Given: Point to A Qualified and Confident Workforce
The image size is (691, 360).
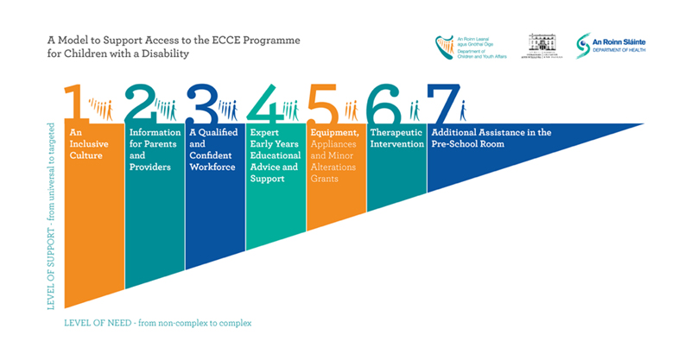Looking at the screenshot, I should (x=212, y=149).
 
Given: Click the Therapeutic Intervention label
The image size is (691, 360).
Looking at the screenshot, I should (x=396, y=138).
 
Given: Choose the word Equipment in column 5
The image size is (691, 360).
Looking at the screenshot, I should (x=335, y=132).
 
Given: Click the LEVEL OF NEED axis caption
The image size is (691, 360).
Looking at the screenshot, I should (x=158, y=323).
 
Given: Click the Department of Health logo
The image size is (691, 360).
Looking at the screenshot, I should (x=612, y=46).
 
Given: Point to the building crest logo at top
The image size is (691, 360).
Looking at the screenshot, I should (x=542, y=45).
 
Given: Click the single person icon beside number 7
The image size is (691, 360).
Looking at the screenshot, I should (x=463, y=110).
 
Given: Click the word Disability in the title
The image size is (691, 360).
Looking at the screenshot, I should (x=166, y=54).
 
